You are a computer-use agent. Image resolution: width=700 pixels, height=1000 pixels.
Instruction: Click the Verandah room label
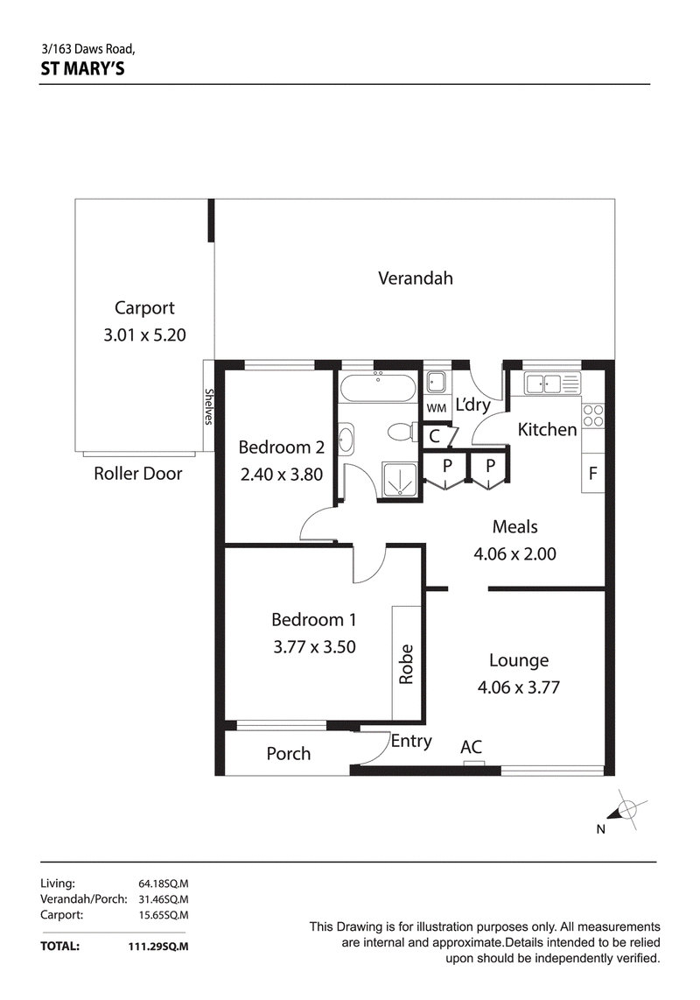coord(415,278)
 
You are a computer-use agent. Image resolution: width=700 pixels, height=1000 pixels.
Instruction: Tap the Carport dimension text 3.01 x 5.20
coord(144,335)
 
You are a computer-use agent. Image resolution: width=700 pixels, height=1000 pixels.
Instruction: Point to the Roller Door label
coord(137,473)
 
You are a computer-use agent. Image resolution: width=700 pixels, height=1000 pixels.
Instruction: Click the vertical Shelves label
coord(208,406)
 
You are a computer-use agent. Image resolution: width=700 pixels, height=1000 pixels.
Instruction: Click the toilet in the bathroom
coord(401,432)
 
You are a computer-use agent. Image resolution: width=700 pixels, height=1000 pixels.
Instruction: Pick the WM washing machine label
coord(436,408)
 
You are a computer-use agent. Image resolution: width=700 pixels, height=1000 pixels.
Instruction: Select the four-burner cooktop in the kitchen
coord(593,416)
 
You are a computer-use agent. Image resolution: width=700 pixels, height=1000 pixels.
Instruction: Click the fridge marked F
coord(593,473)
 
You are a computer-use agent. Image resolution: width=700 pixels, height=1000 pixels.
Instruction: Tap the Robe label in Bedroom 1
coord(406,664)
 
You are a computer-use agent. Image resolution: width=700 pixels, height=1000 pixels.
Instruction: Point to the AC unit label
coord(471,747)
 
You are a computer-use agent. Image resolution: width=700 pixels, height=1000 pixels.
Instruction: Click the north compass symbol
coord(625,810)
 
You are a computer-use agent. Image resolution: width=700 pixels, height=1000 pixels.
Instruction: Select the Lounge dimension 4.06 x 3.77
coord(518,687)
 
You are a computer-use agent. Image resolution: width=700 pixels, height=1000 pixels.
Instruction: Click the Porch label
coord(288,753)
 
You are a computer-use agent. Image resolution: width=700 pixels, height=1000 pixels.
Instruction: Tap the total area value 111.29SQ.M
coord(158,947)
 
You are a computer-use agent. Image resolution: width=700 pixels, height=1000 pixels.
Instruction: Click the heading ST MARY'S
coord(83,68)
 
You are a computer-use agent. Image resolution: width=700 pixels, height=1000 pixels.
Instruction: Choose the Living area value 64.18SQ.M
coord(164,884)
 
